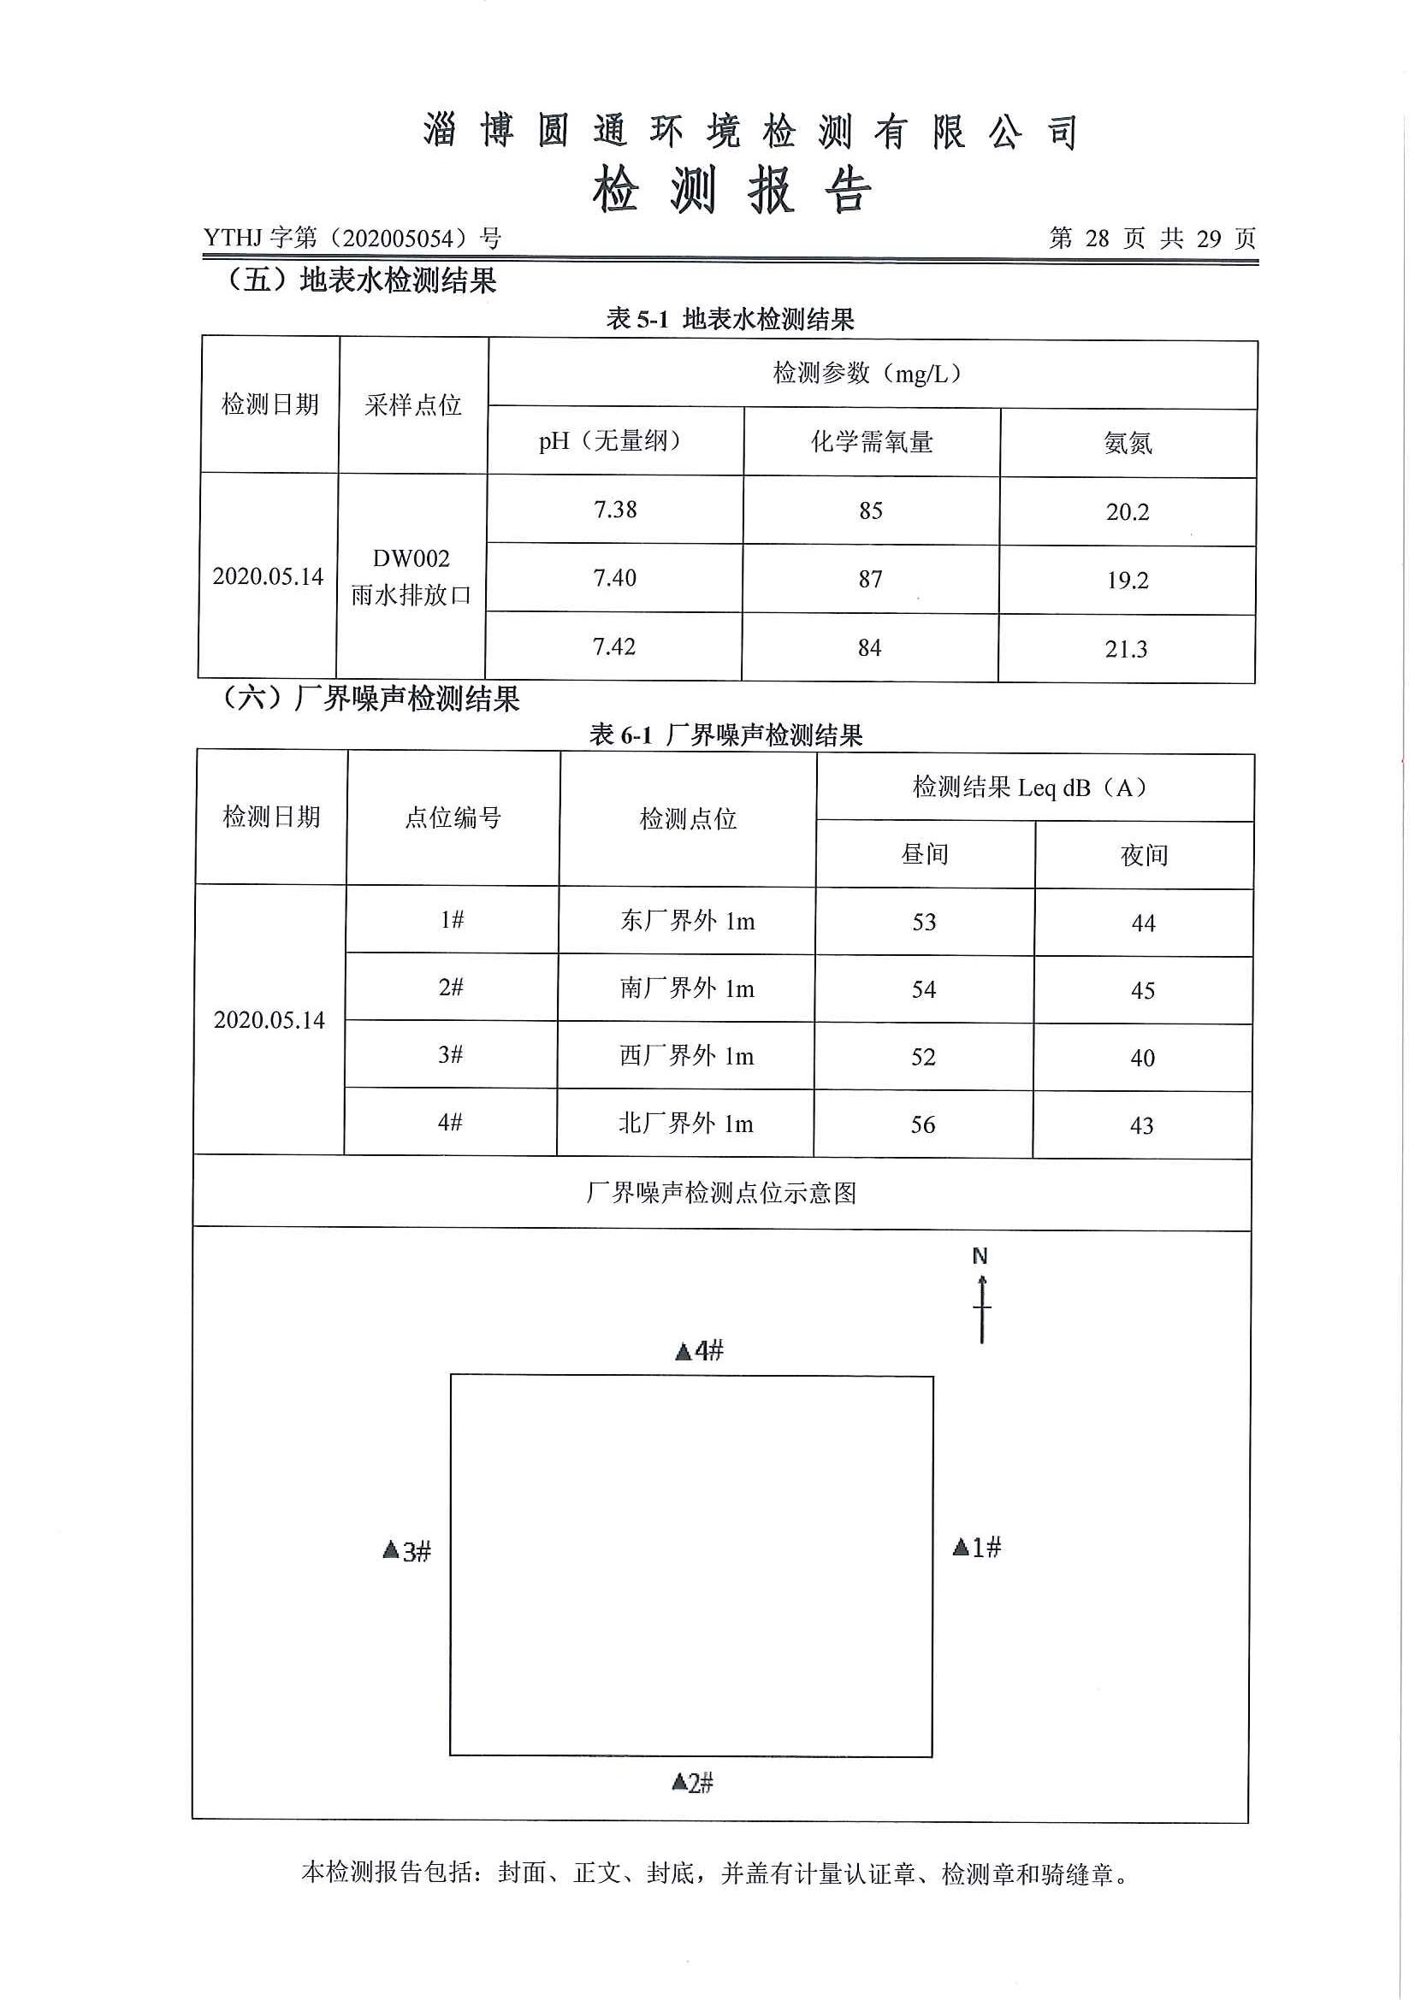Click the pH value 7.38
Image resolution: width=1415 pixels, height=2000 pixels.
[x=615, y=510]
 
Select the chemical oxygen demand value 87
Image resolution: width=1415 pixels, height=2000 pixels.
[x=870, y=579]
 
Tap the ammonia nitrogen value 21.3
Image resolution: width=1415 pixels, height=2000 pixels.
[x=1126, y=649]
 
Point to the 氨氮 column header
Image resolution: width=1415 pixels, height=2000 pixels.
[x=1128, y=444]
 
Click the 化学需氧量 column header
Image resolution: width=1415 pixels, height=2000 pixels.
[x=871, y=441]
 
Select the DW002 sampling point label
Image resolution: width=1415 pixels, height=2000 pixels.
[x=411, y=558]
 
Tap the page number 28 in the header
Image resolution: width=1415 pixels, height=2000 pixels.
[x=1097, y=238]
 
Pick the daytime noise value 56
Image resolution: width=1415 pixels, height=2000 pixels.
[x=923, y=1124]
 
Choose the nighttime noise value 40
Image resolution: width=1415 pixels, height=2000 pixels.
[x=1142, y=1059]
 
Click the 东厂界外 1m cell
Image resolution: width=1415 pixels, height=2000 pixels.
[x=687, y=921]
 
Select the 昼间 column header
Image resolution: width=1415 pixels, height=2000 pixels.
[x=925, y=853]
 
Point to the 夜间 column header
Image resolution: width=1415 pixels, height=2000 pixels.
[x=1143, y=855]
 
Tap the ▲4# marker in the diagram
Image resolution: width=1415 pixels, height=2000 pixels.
[x=700, y=1351]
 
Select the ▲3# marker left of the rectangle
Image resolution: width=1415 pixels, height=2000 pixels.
[x=407, y=1550]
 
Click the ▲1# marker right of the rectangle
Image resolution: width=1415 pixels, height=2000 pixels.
[x=977, y=1547]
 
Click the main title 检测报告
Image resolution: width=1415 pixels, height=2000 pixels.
[x=732, y=190]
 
